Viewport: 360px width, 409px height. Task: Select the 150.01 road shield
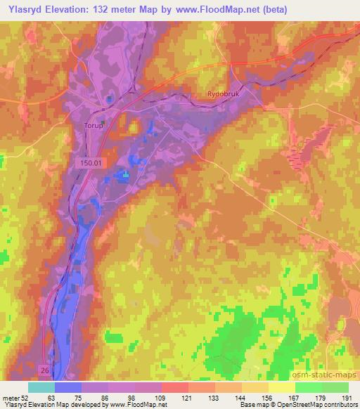tap(89, 162)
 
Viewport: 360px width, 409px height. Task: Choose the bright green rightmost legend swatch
tap(335, 387)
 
